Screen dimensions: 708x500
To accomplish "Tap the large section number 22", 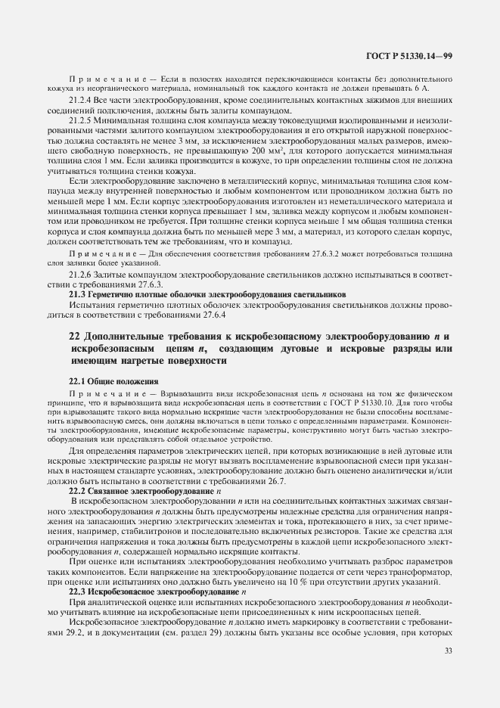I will tap(75, 336).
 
